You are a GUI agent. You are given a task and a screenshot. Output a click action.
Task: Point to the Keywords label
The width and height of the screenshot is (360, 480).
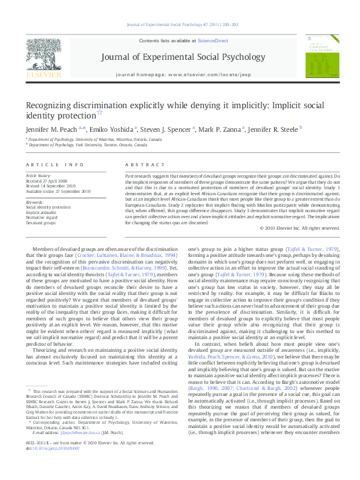pos(34,202)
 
